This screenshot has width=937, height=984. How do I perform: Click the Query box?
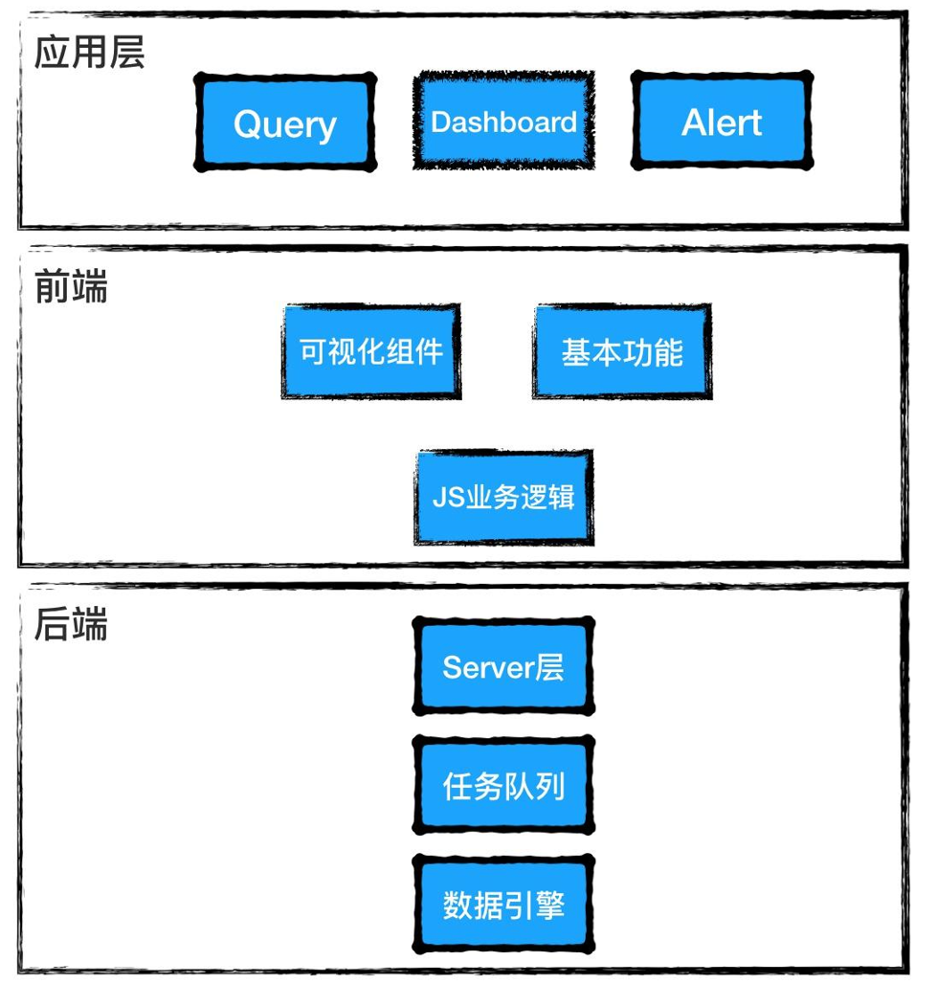pos(285,123)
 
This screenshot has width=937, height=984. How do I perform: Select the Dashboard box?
pos(503,122)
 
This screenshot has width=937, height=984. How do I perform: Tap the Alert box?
pos(722,122)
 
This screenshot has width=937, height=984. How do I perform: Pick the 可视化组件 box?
pos(371,351)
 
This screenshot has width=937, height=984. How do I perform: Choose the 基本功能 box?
pos(622,351)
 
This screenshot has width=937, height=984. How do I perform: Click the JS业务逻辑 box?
pos(503,497)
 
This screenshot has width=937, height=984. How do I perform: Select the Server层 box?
pos(503,666)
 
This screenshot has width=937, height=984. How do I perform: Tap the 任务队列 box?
pos(503,786)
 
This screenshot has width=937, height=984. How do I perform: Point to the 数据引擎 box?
pos(503,905)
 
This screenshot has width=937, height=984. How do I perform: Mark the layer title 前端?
pos(71,286)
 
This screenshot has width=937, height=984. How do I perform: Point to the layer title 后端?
pos(71,624)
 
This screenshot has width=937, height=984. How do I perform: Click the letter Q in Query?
pos(247,123)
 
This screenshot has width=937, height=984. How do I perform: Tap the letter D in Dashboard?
pos(440,122)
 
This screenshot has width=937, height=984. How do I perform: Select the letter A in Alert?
pos(694,122)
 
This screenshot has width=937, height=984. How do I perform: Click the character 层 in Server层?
pos(549,666)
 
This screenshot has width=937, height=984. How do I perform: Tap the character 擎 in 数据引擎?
pos(550,905)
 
